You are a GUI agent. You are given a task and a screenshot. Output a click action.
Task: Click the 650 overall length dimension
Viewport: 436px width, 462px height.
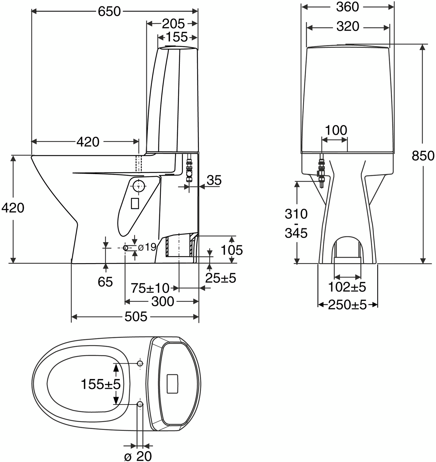[109, 12]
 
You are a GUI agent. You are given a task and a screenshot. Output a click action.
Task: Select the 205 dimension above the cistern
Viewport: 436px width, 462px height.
[173, 24]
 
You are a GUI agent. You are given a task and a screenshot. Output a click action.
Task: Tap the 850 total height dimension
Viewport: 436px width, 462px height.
[423, 156]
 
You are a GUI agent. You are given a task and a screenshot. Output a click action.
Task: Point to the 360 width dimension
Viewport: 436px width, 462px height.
[347, 7]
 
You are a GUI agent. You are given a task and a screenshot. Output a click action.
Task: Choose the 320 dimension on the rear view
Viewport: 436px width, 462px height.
[348, 27]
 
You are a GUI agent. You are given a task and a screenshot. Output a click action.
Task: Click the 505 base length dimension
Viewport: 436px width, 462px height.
[136, 317]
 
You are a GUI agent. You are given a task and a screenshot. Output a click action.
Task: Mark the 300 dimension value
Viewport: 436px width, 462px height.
[163, 302]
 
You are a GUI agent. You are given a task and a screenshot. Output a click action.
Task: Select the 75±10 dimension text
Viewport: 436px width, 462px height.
[150, 288]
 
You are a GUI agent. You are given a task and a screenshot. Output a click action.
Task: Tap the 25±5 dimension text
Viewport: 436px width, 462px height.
[220, 278]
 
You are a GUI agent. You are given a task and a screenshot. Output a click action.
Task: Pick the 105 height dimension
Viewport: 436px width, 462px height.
[232, 250]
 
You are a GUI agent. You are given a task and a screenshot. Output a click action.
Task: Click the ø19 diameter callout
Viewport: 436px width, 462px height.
[147, 247]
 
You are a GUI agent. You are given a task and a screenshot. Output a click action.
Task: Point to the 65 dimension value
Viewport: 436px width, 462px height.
[105, 282]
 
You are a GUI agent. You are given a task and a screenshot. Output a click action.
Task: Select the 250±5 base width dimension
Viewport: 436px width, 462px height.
[347, 305]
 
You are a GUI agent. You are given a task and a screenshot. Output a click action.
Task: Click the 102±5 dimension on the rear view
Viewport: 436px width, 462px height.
[347, 287]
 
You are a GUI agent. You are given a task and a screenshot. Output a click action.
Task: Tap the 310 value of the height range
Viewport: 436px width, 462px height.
[296, 214]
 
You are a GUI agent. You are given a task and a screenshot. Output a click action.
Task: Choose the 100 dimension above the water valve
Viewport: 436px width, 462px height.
[336, 130]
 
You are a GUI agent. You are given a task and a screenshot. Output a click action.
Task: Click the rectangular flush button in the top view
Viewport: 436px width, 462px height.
[172, 384]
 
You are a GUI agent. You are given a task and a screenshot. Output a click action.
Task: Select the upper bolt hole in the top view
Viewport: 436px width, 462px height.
[140, 363]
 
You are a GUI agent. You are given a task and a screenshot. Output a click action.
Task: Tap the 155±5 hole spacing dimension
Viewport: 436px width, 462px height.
[101, 384]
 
